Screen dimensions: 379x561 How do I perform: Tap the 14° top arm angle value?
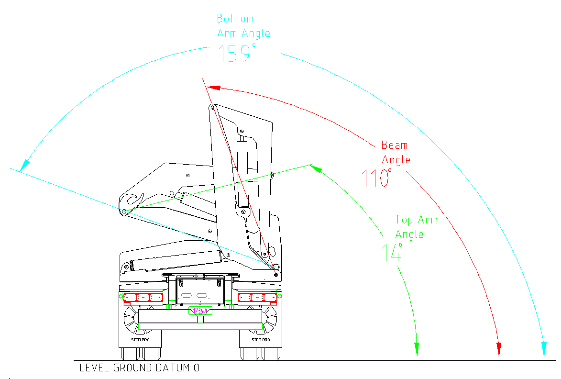click(x=391, y=252)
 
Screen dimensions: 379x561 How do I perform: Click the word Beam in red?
click(x=395, y=145)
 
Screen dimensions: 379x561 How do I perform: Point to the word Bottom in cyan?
click(x=235, y=19)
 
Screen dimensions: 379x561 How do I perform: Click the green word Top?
click(x=404, y=220)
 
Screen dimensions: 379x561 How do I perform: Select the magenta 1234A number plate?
click(x=200, y=311)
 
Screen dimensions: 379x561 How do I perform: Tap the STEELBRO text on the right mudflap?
click(x=261, y=340)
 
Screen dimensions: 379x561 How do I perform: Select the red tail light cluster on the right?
click(x=257, y=298)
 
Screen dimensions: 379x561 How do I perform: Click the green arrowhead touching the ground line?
click(x=417, y=349)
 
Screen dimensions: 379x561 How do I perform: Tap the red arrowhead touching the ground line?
click(x=499, y=349)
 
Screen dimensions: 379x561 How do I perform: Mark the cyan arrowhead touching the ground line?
click(x=544, y=349)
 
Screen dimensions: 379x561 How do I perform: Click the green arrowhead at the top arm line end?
click(x=316, y=168)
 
